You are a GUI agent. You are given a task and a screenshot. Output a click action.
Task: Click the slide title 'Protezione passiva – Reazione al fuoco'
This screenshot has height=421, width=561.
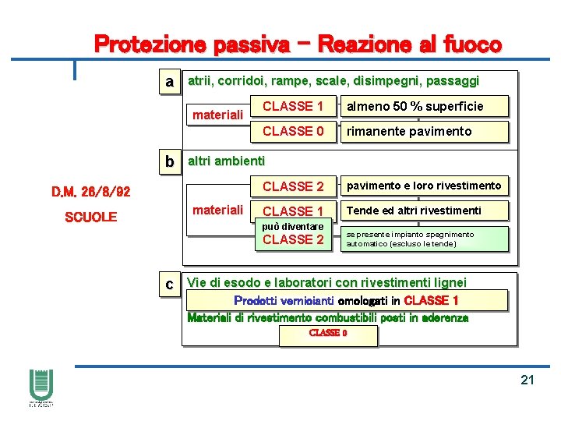click(298, 44)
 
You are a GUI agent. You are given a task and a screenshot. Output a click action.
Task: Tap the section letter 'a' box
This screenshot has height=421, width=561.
click(168, 82)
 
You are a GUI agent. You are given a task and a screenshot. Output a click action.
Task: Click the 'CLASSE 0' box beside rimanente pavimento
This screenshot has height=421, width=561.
click(293, 131)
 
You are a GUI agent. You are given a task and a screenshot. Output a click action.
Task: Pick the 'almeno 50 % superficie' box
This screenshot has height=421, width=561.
click(424, 106)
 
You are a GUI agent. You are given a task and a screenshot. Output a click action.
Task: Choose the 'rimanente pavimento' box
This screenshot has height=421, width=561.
click(424, 131)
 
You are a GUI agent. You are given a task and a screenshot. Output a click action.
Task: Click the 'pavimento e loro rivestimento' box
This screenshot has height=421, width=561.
click(424, 186)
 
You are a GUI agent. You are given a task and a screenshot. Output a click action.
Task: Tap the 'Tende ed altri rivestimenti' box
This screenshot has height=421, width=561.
click(424, 210)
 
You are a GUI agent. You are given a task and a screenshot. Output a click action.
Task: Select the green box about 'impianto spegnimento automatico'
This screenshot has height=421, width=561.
click(424, 239)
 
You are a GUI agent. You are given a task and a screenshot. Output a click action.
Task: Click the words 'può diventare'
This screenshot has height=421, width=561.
click(293, 226)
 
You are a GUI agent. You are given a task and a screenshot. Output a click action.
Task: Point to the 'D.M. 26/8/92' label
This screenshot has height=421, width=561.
click(91, 192)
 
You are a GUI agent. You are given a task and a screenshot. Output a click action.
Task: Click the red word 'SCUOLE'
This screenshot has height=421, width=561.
click(90, 217)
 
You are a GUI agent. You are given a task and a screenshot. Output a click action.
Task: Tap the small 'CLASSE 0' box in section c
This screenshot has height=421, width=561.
click(328, 334)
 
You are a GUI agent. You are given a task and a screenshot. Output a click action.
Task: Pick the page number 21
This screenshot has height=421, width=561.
click(527, 380)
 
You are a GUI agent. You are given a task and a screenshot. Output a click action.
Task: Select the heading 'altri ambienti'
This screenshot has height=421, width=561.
click(227, 161)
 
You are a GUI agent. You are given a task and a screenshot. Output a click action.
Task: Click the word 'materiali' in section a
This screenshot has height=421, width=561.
click(218, 115)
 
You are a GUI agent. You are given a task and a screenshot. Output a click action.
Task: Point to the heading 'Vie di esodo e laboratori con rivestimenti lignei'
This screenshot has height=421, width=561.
click(327, 283)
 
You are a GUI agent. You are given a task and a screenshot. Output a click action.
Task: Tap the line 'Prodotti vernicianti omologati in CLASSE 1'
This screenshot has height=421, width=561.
click(346, 300)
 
